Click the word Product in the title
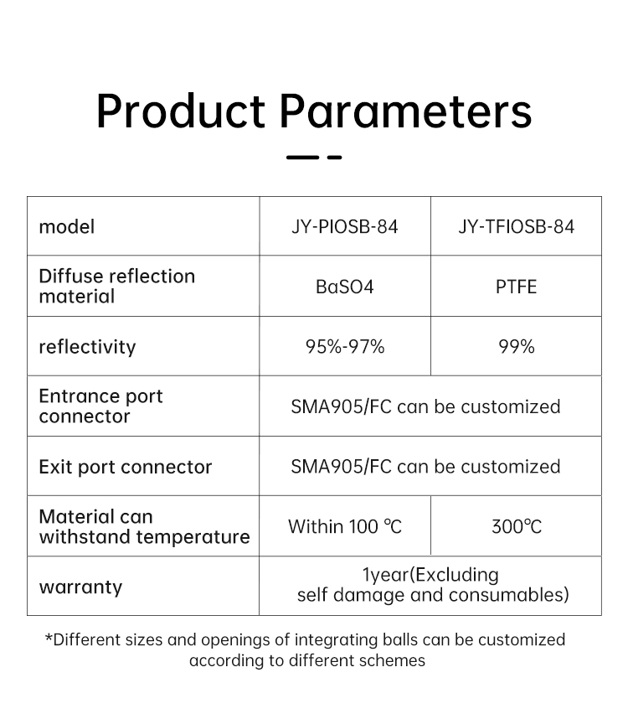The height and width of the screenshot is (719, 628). tap(181, 111)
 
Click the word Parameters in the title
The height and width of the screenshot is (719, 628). tap(406, 111)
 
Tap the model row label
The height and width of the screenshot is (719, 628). tap(67, 226)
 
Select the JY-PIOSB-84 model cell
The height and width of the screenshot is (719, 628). tap(345, 226)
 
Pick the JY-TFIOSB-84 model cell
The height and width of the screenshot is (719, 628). tap(517, 226)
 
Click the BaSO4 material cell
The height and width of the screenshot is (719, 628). tap(345, 287)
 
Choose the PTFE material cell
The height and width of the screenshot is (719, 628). tap(517, 287)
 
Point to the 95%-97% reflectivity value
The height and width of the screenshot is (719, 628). tap(345, 347)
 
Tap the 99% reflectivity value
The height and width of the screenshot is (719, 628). tap(517, 347)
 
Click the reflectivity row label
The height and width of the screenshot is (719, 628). tap(87, 347)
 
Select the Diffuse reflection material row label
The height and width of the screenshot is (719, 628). tap(117, 286)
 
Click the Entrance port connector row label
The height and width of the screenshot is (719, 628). tap(100, 406)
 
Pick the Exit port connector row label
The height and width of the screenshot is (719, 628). tap(126, 467)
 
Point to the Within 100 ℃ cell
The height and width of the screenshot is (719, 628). tap(345, 526)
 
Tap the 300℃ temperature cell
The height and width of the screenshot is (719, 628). tap(517, 526)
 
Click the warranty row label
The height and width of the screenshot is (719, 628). tap(81, 587)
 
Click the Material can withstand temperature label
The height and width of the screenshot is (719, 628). tap(145, 526)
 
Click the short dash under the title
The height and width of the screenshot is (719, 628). tap(334, 158)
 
